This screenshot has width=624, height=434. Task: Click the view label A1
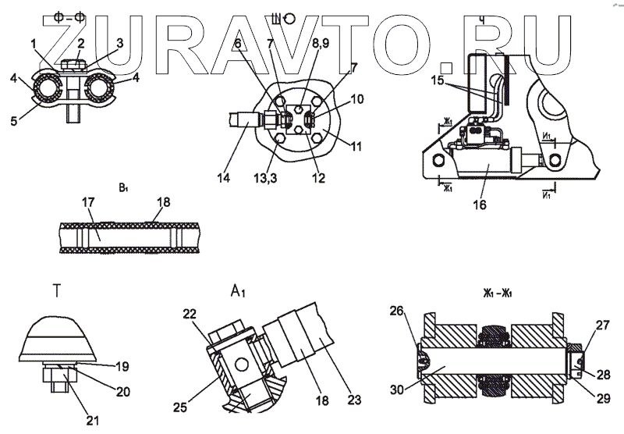tap(239, 291)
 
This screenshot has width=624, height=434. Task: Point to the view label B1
tap(123, 187)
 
